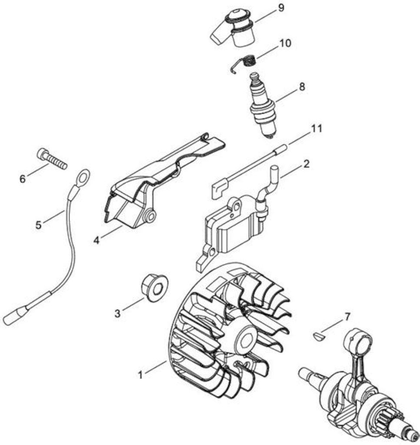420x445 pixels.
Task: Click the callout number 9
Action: point(280,8)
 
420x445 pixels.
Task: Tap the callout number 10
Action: point(285,43)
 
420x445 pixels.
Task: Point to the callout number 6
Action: point(23,179)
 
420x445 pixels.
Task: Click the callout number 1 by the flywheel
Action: point(140,375)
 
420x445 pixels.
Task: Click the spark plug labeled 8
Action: point(263,106)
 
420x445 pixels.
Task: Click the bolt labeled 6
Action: point(52,159)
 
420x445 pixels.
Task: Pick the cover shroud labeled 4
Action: point(159,182)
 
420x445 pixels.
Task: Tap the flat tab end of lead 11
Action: point(220,189)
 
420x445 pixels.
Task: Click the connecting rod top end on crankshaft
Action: point(358,341)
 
